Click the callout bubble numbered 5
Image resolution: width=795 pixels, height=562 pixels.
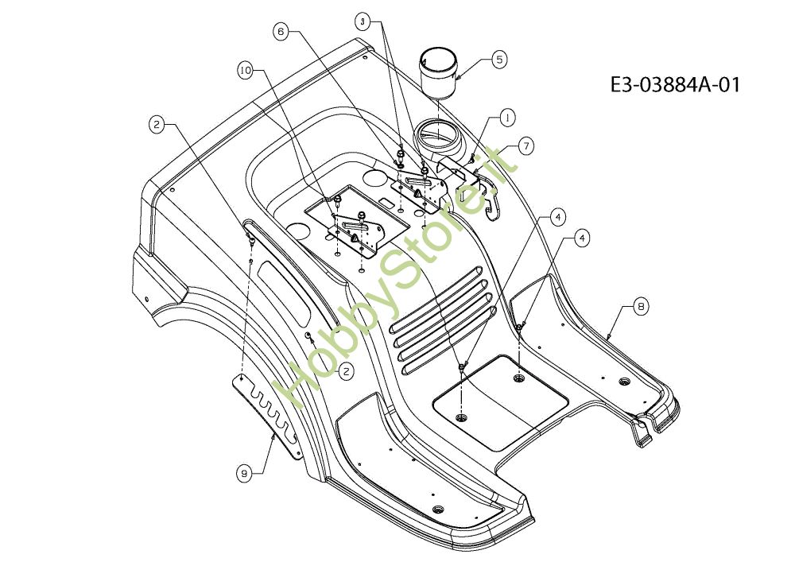tap(499, 58)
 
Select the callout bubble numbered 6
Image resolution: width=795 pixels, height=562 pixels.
tap(280, 32)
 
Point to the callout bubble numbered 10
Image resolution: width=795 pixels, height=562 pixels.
tap(246, 71)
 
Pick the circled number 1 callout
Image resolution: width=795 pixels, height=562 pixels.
tap(506, 117)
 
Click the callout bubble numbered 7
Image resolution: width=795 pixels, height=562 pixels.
tap(526, 145)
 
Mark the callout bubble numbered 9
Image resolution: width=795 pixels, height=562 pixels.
tap(246, 473)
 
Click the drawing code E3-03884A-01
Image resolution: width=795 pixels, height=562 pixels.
tap(675, 84)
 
